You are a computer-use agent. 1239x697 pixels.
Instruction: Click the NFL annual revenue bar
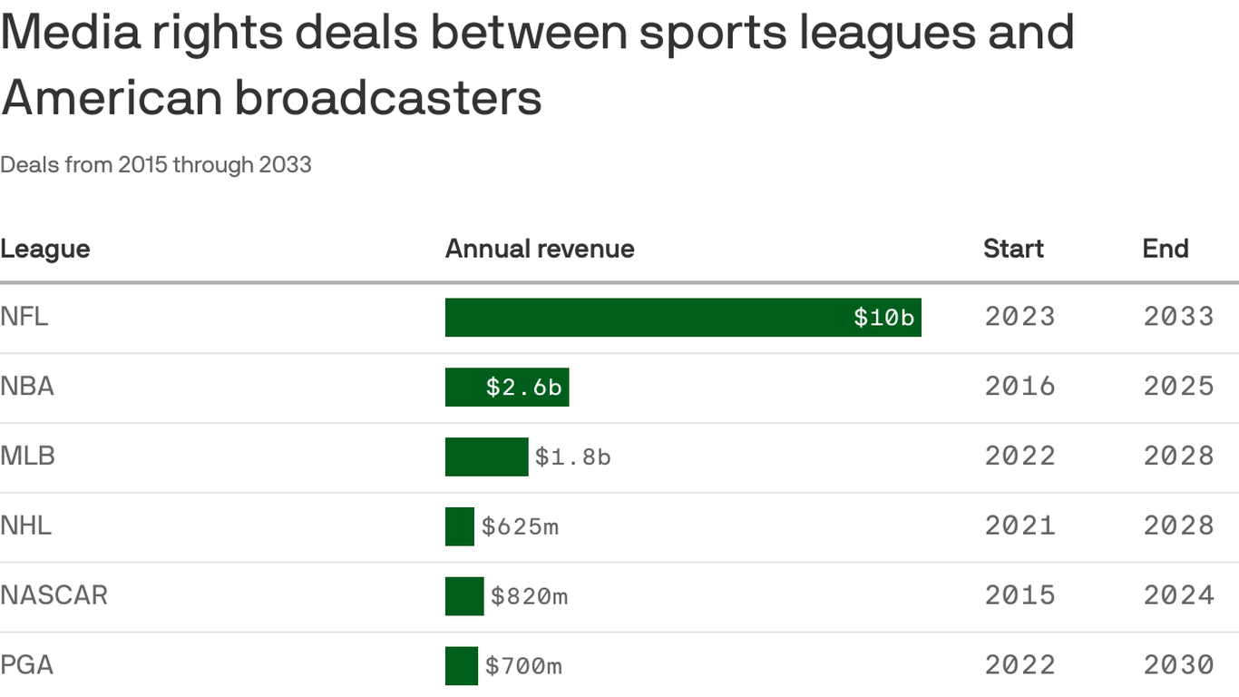tap(683, 318)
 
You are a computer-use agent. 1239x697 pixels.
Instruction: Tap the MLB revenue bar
tap(486, 456)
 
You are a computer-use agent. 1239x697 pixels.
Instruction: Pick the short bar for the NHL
tap(460, 526)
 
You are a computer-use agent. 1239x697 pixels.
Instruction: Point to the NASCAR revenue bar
tap(464, 596)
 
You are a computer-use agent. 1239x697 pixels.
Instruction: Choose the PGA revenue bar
tap(462, 665)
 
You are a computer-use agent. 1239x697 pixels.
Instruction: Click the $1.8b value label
tap(572, 456)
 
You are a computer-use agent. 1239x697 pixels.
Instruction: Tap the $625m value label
tap(520, 526)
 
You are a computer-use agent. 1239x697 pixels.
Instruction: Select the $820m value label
tap(529, 596)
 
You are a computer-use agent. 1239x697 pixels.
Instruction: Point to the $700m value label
tap(523, 666)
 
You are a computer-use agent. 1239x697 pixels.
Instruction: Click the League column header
tap(45, 249)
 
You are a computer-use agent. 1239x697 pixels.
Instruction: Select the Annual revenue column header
tap(540, 249)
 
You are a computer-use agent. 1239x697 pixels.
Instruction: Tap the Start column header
tap(1013, 249)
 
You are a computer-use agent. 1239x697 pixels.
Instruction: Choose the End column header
tap(1166, 249)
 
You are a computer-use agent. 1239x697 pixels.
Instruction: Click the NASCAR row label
tap(54, 595)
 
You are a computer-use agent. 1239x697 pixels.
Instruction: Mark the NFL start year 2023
tap(1020, 317)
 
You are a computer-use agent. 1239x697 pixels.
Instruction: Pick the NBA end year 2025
tap(1178, 387)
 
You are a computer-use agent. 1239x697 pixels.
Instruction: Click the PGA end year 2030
tap(1178, 665)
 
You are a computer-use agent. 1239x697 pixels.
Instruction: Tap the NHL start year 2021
tap(1020, 525)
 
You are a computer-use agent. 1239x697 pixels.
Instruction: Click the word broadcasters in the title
tap(388, 98)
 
